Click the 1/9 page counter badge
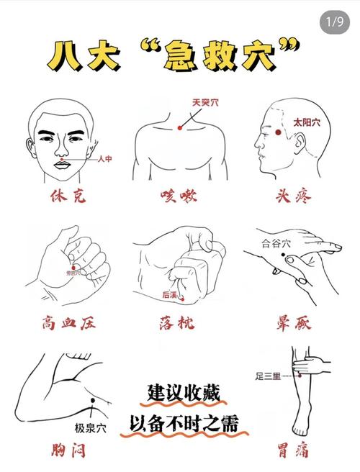pyautogui.click(x=335, y=22)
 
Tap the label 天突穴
pyautogui.click(x=205, y=103)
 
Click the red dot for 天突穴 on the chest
pyautogui.click(x=180, y=127)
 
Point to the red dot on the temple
pyautogui.click(x=278, y=132)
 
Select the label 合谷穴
pyautogui.click(x=275, y=243)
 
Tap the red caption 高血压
pyautogui.click(x=68, y=322)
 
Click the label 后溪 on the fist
pyautogui.click(x=170, y=294)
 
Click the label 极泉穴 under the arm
pyautogui.click(x=91, y=427)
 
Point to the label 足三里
pyautogui.click(x=269, y=375)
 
